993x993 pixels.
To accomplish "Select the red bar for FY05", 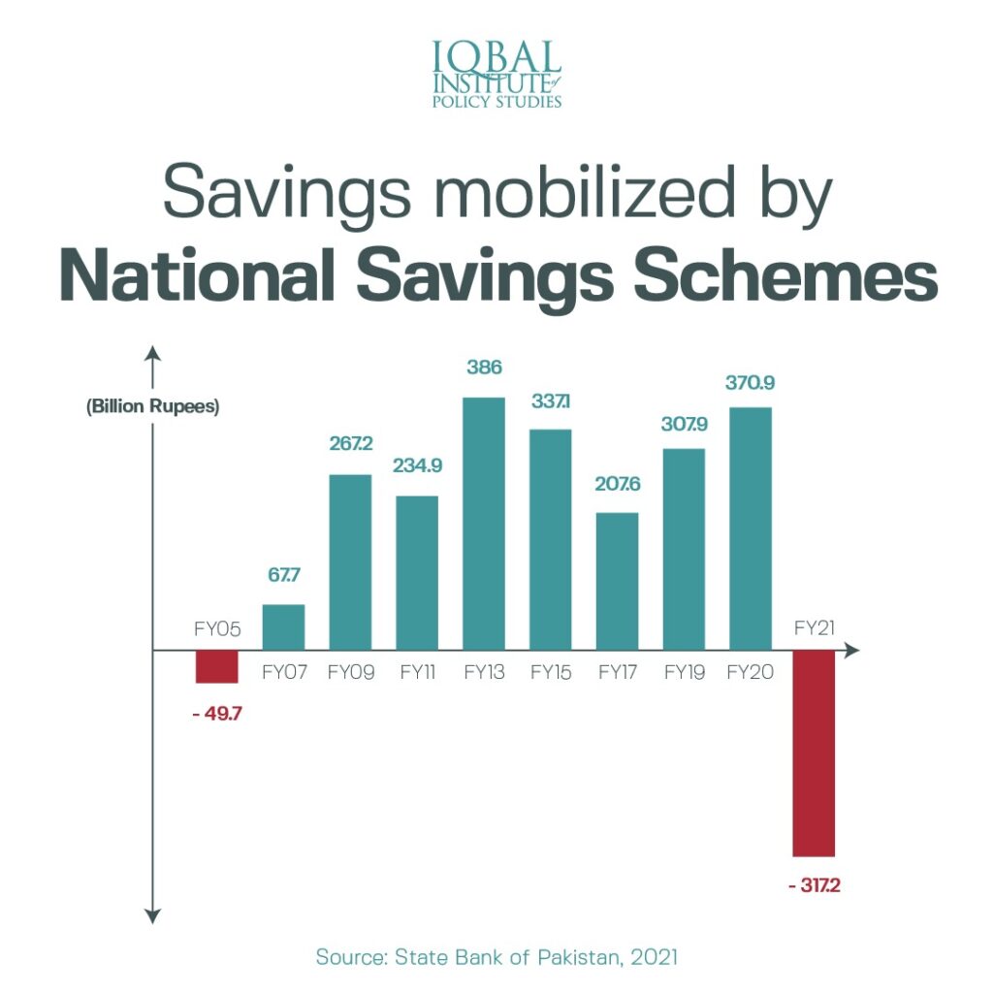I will [x=216, y=666].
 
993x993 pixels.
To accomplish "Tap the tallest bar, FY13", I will [x=483, y=523].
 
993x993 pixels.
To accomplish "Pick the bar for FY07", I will [x=283, y=626].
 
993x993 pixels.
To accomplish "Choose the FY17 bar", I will [x=617, y=580].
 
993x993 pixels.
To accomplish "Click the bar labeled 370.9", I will [x=750, y=528].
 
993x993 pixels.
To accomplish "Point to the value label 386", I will [x=483, y=369].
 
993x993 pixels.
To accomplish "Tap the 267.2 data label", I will [x=350, y=444].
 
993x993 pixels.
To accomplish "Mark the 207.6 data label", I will [x=617, y=483].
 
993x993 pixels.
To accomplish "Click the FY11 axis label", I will [x=417, y=673].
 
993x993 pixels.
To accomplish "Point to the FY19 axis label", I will [x=684, y=673].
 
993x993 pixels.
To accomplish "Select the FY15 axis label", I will [x=550, y=673].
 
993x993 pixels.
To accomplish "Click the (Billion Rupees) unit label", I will [x=153, y=406].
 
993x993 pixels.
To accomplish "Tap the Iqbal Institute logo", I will [x=496, y=73].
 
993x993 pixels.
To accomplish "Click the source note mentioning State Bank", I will [x=496, y=957].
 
